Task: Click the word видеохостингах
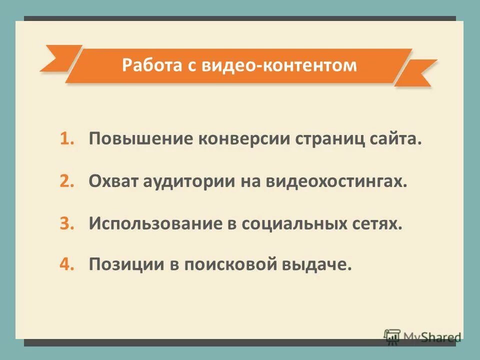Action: [x=336, y=181]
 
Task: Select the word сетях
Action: [x=374, y=223]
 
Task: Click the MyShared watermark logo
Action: [x=422, y=337]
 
